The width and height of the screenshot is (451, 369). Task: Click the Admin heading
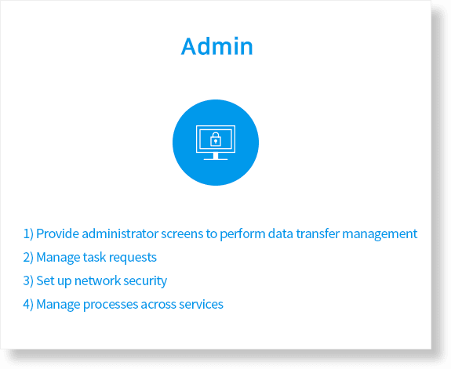[x=216, y=46]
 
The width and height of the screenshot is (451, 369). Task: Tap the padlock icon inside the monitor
[x=216, y=139]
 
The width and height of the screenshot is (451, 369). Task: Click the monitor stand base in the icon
[x=216, y=158]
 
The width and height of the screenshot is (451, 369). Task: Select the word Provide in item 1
[x=57, y=233]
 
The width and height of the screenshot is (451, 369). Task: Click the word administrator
[x=120, y=233]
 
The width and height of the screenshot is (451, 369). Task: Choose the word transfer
[x=318, y=233]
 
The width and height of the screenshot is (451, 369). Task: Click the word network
[x=97, y=280]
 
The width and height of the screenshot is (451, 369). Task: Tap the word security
[x=145, y=281]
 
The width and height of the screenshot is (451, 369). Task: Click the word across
[x=158, y=305]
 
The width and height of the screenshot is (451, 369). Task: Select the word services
[x=201, y=304]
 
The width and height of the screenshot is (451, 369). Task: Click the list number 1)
[x=28, y=234]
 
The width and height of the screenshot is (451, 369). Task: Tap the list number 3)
[x=28, y=281]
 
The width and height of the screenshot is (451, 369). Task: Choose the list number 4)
[x=28, y=305]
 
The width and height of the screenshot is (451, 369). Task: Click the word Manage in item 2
[x=58, y=258]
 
